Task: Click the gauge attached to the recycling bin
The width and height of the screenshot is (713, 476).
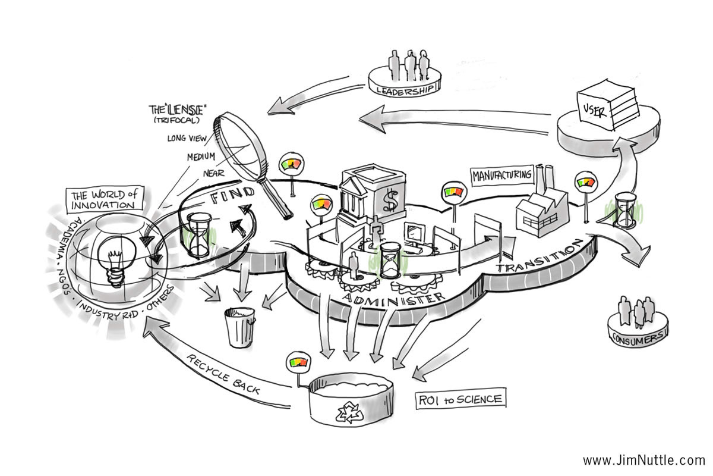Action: (297, 362)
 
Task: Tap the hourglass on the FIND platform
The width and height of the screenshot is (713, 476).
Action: (199, 235)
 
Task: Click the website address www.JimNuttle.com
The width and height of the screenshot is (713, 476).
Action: (643, 460)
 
